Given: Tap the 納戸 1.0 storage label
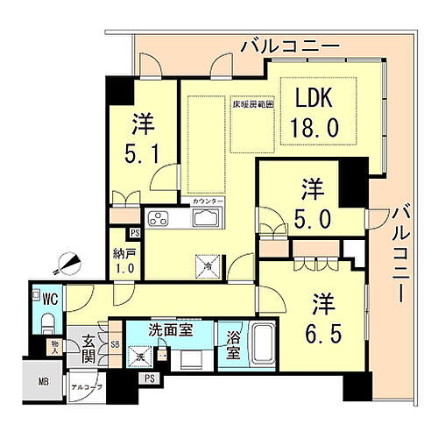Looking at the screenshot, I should [125, 261].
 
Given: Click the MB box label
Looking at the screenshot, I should [43, 382].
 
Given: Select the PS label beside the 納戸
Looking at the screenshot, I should [135, 234].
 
